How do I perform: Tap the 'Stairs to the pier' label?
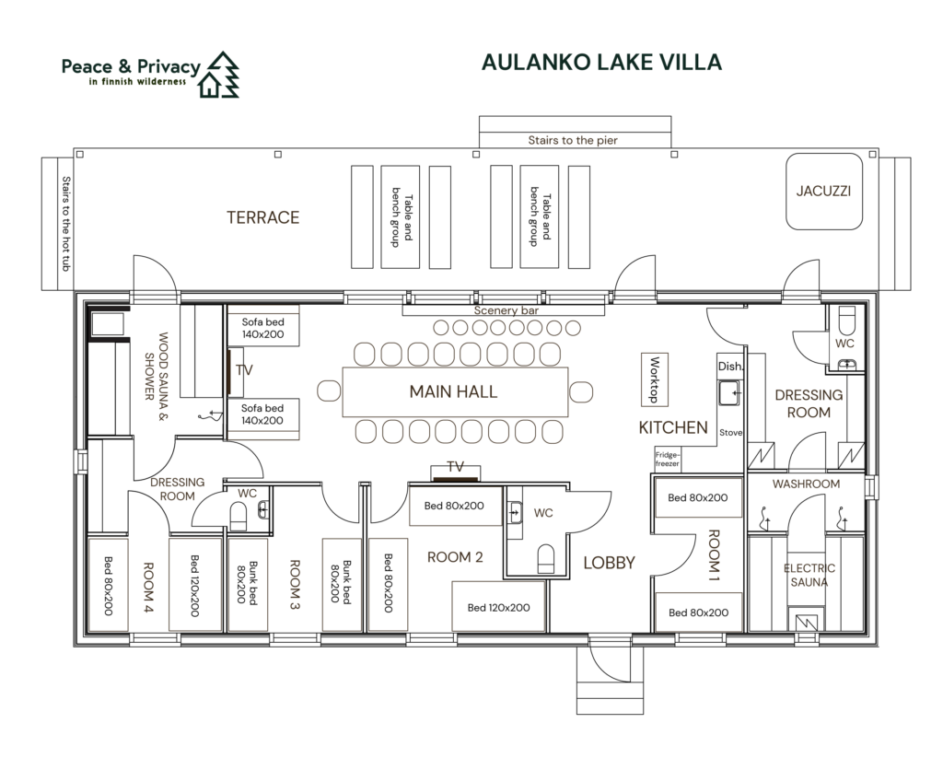pyautogui.click(x=572, y=141)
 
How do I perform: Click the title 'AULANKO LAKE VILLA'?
pyautogui.click(x=601, y=63)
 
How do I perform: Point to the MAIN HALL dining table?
pyautogui.click(x=454, y=392)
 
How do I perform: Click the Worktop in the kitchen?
pyautogui.click(x=655, y=379)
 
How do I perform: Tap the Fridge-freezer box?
pyautogui.click(x=668, y=458)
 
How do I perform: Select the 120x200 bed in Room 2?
pyautogui.click(x=497, y=607)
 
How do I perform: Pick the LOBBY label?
pyautogui.click(x=609, y=563)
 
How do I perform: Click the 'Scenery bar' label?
pyautogui.click(x=506, y=311)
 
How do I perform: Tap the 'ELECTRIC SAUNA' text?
pyautogui.click(x=809, y=576)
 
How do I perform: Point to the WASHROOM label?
pyautogui.click(x=806, y=484)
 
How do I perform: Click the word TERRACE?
pyautogui.click(x=262, y=218)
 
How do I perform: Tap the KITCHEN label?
pyautogui.click(x=673, y=428)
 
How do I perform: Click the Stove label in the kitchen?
pyautogui.click(x=730, y=432)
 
